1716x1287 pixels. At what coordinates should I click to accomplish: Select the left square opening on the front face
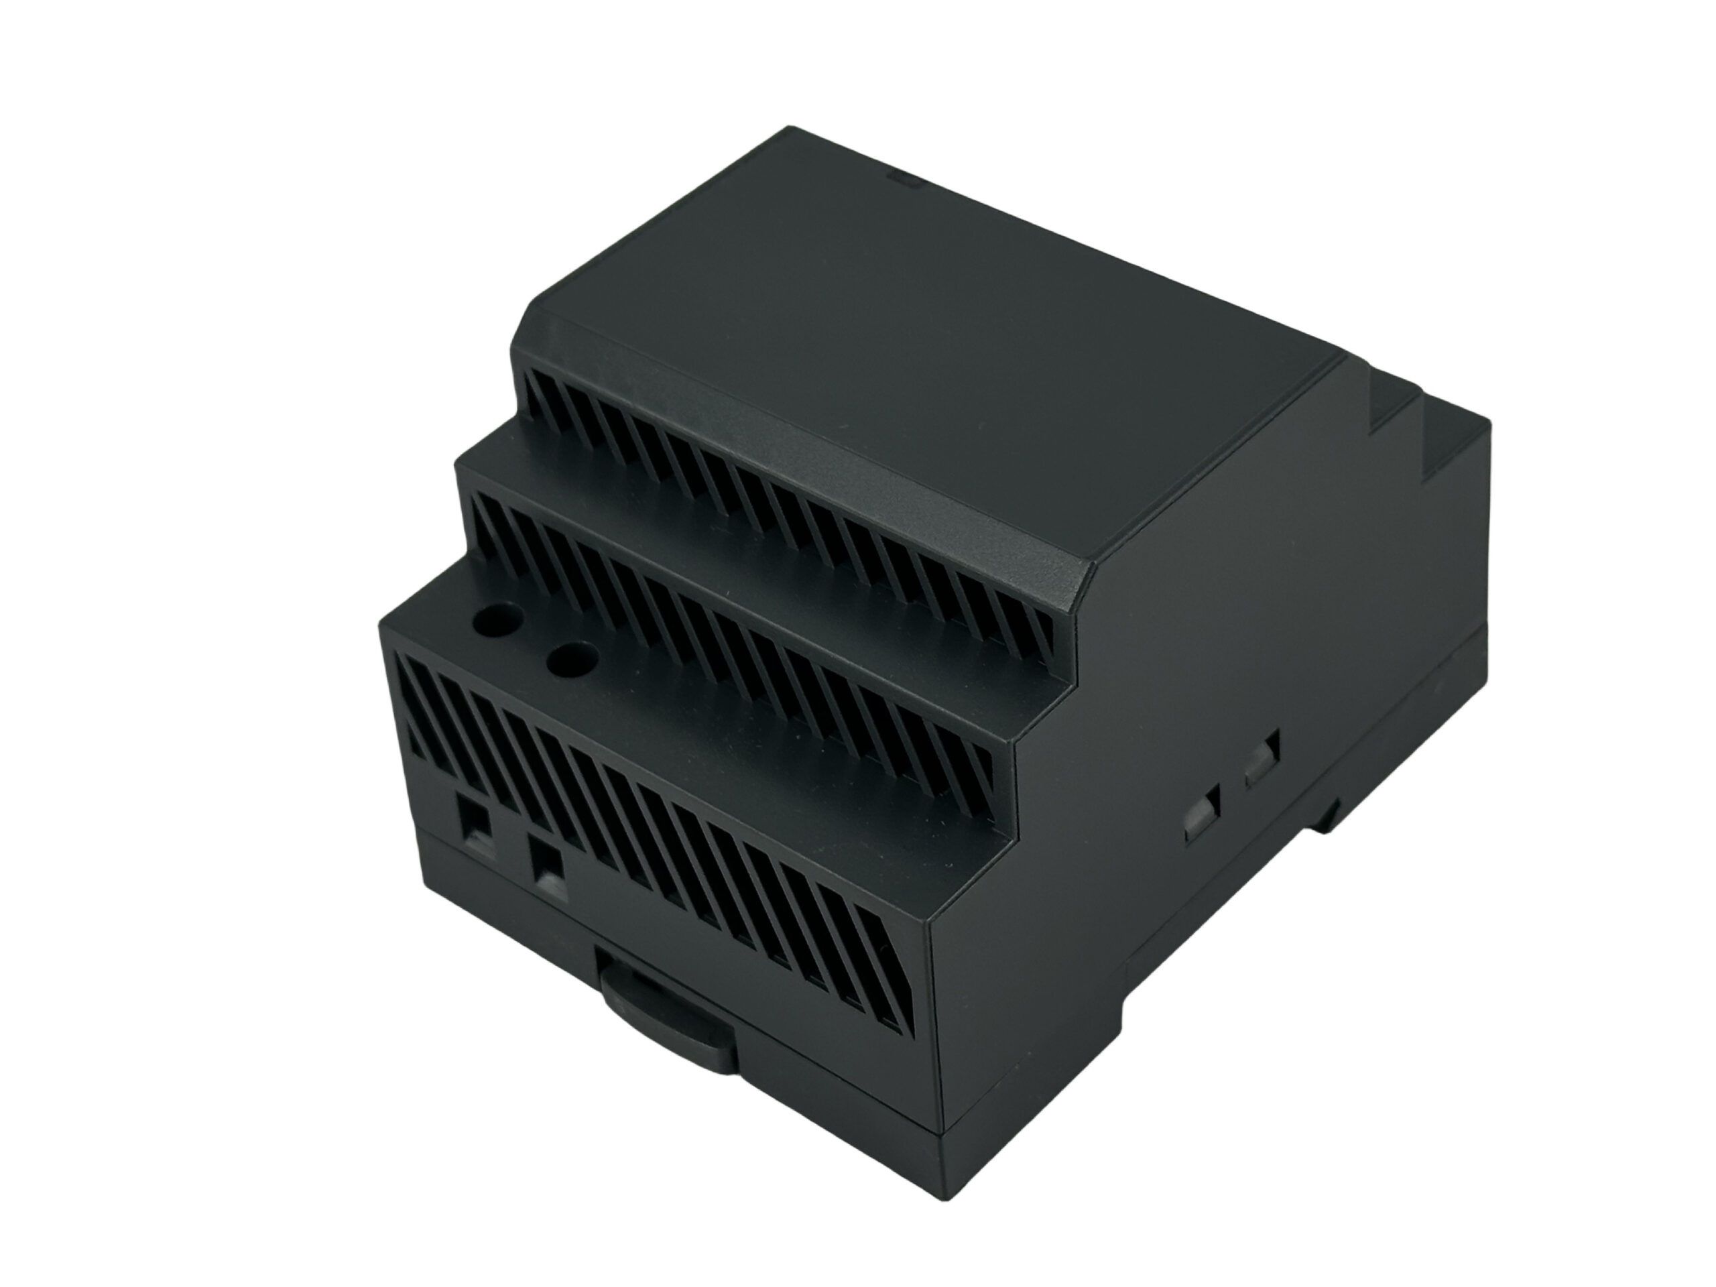tap(473, 817)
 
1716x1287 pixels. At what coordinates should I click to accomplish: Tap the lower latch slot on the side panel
tap(1202, 810)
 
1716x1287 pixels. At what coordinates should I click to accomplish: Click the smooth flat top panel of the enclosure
tap(931, 349)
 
